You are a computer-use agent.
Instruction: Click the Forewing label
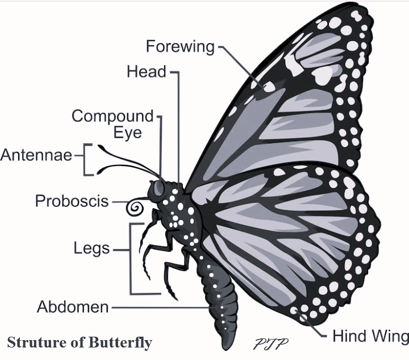180,46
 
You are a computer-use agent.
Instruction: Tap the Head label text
146,72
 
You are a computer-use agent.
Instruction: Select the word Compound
112,117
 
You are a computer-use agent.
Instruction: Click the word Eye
127,133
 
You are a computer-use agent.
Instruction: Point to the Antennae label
36,155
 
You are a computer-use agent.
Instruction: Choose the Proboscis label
72,201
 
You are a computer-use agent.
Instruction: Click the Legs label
93,249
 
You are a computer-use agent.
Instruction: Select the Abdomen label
73,308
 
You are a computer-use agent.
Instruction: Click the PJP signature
271,344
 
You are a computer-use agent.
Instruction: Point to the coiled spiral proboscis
135,208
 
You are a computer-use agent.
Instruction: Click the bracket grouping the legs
132,259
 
